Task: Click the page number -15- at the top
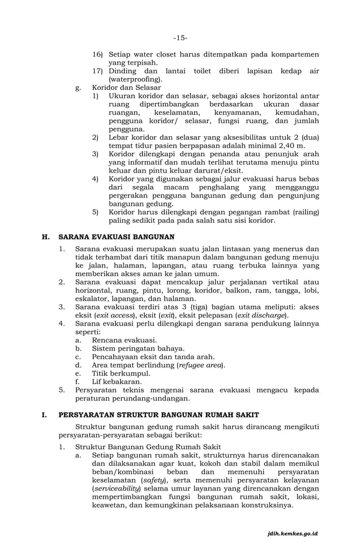180,38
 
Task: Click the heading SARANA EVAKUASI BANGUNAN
116,237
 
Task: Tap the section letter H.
46,237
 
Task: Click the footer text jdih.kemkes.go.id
293,533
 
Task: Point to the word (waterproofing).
131,80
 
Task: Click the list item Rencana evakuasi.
124,340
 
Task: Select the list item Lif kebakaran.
117,382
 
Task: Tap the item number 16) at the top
99,54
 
